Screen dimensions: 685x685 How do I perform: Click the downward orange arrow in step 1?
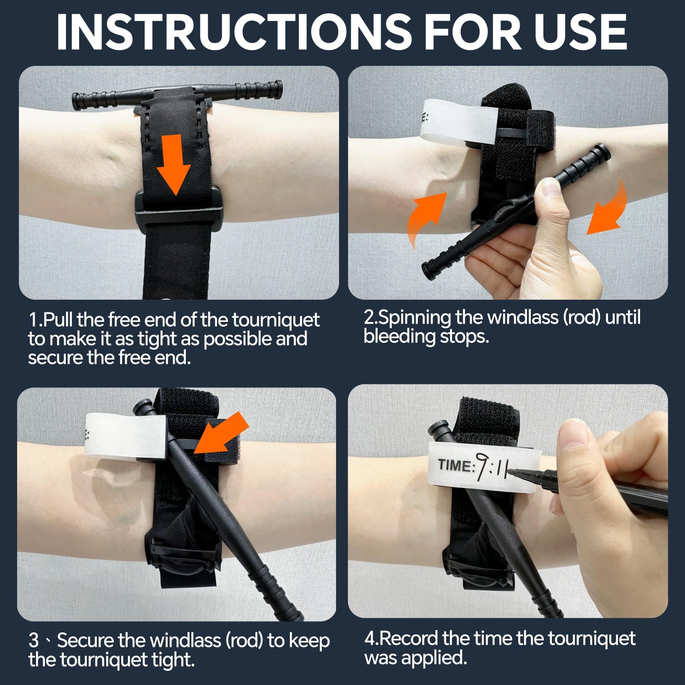coord(173,163)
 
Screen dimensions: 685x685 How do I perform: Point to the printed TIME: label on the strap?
coord(456,465)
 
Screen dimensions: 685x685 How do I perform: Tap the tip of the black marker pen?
coord(516,472)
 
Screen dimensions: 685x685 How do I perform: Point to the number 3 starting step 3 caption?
coord(34,641)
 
